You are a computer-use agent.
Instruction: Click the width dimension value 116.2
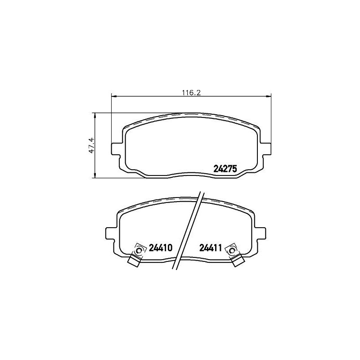tap(191, 93)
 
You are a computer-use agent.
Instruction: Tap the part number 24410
tap(161, 248)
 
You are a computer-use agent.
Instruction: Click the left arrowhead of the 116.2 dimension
tap(113, 96)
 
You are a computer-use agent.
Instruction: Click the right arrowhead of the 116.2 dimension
tap(269, 96)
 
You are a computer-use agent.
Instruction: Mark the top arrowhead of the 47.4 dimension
tap(94, 115)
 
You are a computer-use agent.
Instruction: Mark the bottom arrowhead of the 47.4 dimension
tap(94, 175)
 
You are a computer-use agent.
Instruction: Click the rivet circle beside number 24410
tap(139, 251)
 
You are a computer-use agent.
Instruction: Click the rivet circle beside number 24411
tap(232, 251)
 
